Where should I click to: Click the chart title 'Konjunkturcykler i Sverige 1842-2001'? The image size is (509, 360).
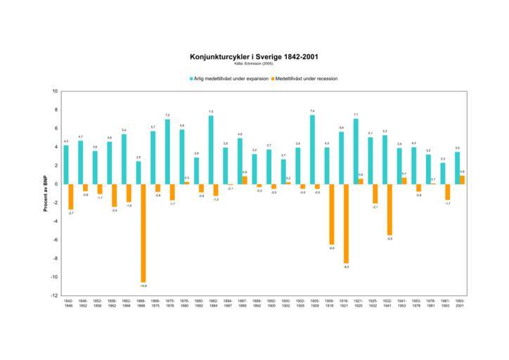click(x=254, y=57)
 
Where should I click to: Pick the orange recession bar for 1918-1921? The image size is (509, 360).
click(x=346, y=224)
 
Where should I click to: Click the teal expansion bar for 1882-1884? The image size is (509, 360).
click(x=210, y=150)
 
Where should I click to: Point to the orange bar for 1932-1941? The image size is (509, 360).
click(x=389, y=210)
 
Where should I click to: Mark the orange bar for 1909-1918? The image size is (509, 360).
click(x=332, y=214)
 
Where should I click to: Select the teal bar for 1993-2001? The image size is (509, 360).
click(x=457, y=168)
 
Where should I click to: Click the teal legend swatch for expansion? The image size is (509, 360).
click(x=190, y=79)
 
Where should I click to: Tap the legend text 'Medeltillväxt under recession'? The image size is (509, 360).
click(x=307, y=79)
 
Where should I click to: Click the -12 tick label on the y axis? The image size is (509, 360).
click(x=54, y=295)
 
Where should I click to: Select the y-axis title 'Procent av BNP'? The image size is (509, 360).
click(x=45, y=193)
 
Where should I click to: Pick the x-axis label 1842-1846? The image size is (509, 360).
click(x=68, y=304)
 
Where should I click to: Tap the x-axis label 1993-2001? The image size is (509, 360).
click(x=459, y=304)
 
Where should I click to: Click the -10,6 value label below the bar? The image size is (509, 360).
click(x=143, y=285)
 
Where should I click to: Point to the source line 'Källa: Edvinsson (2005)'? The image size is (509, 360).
click(x=254, y=64)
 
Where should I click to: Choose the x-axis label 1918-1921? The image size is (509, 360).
click(x=343, y=304)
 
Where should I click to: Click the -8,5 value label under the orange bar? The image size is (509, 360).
click(x=346, y=267)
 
